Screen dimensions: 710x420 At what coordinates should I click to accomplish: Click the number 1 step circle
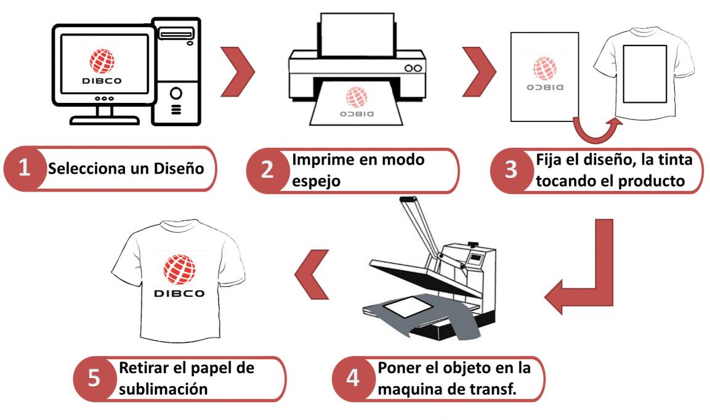(x=25, y=168)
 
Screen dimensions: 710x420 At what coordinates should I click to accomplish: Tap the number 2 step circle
(x=267, y=170)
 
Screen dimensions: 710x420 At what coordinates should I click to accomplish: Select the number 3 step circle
(x=511, y=170)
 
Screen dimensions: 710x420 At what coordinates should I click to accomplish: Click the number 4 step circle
(x=353, y=378)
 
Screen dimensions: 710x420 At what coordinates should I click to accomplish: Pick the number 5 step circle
(x=94, y=378)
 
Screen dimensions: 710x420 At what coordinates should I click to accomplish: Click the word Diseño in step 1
(x=179, y=169)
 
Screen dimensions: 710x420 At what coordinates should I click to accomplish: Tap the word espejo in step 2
(x=316, y=181)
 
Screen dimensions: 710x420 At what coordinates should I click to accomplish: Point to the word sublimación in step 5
(x=163, y=389)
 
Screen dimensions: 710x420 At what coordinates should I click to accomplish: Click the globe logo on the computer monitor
(x=102, y=61)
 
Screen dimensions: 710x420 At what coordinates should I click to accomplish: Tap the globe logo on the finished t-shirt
(x=179, y=270)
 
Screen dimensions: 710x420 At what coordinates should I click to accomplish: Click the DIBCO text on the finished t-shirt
(x=179, y=294)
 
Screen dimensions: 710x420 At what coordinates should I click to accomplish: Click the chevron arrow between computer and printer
(x=238, y=71)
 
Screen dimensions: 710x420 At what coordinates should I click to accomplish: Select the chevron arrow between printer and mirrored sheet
(x=479, y=71)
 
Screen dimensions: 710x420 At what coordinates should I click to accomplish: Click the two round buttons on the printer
(x=413, y=68)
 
